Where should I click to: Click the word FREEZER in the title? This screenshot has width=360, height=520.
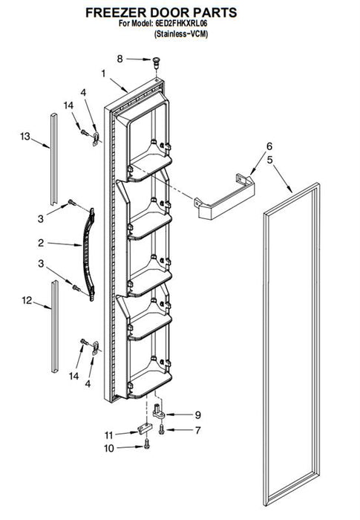(x=116, y=13)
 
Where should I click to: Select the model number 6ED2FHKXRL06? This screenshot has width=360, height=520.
(x=180, y=24)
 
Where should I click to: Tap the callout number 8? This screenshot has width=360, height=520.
(x=120, y=59)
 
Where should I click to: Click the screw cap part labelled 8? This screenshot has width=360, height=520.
(x=156, y=62)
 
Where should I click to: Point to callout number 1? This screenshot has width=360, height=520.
(x=103, y=74)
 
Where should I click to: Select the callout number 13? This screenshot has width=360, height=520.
(x=25, y=136)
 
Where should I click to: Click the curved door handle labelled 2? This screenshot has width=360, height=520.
(x=88, y=254)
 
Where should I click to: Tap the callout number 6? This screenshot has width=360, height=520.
(x=269, y=146)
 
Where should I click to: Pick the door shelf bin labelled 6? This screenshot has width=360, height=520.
(x=225, y=196)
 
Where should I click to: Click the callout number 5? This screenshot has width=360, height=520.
(x=270, y=160)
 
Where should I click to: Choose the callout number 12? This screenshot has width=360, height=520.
(x=27, y=300)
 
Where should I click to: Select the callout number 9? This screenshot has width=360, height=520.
(x=198, y=415)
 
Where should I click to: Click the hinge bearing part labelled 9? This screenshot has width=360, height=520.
(x=159, y=412)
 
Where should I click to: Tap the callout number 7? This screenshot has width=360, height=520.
(x=198, y=430)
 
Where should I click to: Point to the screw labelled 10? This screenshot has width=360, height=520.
(x=147, y=444)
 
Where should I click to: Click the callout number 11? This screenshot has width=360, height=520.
(x=108, y=435)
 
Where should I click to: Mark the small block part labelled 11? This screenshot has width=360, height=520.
(x=145, y=428)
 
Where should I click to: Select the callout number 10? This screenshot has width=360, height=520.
(x=109, y=449)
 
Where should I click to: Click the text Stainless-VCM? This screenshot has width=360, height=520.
(x=181, y=34)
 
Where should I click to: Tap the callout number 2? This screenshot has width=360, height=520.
(x=41, y=243)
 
